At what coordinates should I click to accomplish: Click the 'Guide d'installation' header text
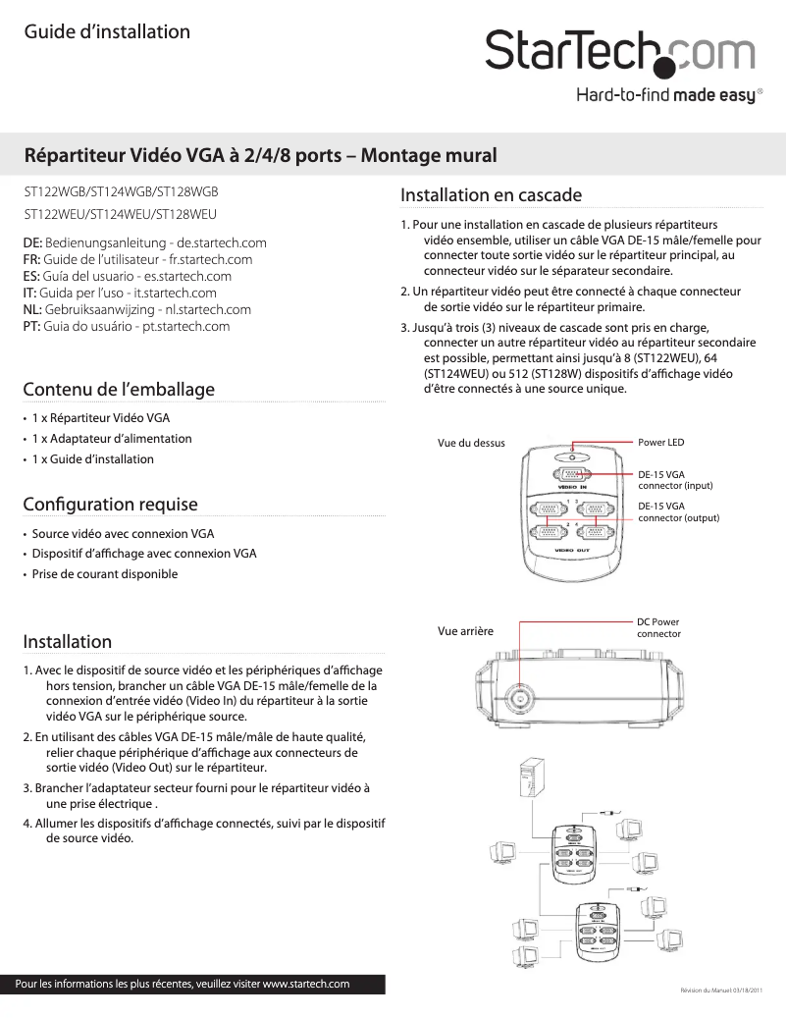(x=107, y=32)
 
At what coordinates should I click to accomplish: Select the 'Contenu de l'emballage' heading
(x=119, y=390)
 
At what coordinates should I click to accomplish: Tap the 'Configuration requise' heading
(x=110, y=505)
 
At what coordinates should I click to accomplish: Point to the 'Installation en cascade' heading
(x=491, y=195)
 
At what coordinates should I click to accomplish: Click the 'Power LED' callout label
(x=660, y=443)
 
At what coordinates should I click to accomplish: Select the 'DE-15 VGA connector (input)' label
(x=675, y=480)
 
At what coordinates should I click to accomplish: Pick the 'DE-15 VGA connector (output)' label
(x=678, y=512)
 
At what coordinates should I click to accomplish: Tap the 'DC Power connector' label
(x=658, y=627)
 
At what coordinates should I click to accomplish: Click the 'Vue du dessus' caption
(x=471, y=444)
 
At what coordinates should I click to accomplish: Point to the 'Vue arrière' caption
(x=464, y=630)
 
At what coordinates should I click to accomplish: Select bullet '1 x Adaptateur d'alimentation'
(x=112, y=439)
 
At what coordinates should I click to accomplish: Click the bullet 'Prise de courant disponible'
(x=105, y=573)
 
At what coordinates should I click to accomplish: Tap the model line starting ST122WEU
(x=120, y=213)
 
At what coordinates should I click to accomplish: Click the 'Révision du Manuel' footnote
(x=727, y=991)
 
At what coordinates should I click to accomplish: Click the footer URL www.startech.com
(x=306, y=984)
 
